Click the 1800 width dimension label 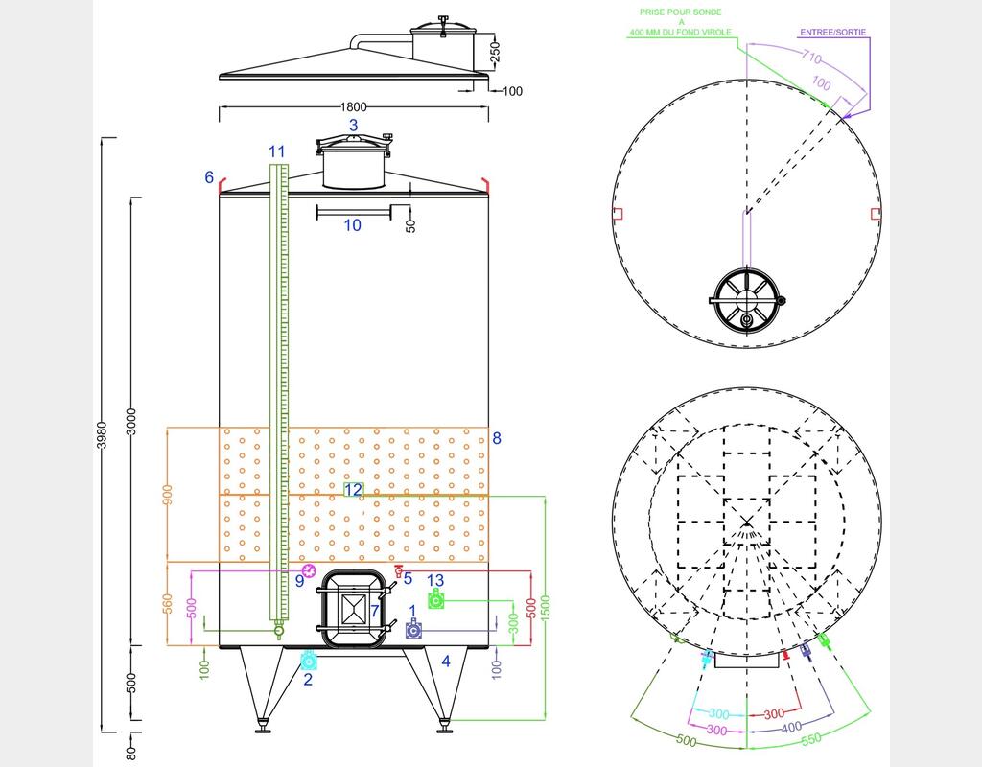353,107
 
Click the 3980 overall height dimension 102,434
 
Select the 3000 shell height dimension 132,421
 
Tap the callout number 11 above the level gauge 277,151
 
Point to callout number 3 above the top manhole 353,126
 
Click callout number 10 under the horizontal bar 353,224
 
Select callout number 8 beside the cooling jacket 497,438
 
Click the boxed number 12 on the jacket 353,490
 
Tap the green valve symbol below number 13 436,600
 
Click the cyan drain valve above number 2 309,661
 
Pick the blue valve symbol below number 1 413,629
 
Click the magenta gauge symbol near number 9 309,569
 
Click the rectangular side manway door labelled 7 354,609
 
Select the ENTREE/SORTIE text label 833,32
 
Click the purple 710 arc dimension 811,57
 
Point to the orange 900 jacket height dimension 167,495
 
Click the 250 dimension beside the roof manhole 495,52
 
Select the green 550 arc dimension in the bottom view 810,739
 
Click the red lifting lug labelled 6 221,185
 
